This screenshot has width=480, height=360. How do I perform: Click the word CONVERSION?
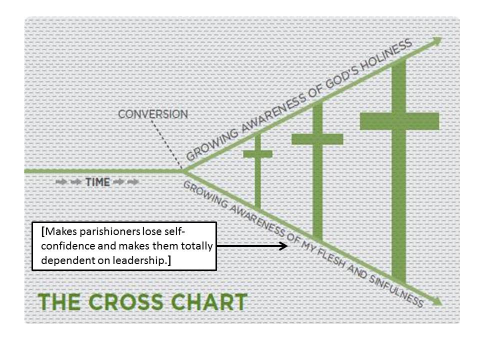coord(153,114)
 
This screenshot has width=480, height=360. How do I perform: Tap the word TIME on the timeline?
coord(97,182)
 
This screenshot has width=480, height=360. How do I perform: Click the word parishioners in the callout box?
coord(104,231)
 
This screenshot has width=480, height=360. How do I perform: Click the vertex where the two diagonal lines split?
coord(183,171)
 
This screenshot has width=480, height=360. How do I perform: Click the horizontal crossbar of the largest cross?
coord(399,120)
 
